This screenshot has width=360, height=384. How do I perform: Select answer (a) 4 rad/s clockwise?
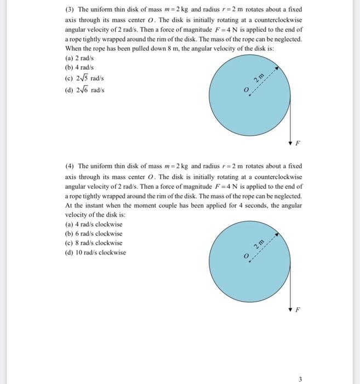coord(94,224)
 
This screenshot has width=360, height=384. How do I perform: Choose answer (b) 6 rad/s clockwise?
coord(94,233)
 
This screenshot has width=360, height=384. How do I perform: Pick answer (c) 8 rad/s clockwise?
coord(94,243)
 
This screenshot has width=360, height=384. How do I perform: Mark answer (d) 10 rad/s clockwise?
coord(95,253)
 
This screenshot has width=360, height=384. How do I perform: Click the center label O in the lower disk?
coord(246,257)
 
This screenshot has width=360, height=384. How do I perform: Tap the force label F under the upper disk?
coord(298,145)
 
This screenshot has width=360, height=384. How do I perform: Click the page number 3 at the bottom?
coord(300,378)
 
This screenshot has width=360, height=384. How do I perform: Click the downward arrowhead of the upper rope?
coord(290,142)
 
